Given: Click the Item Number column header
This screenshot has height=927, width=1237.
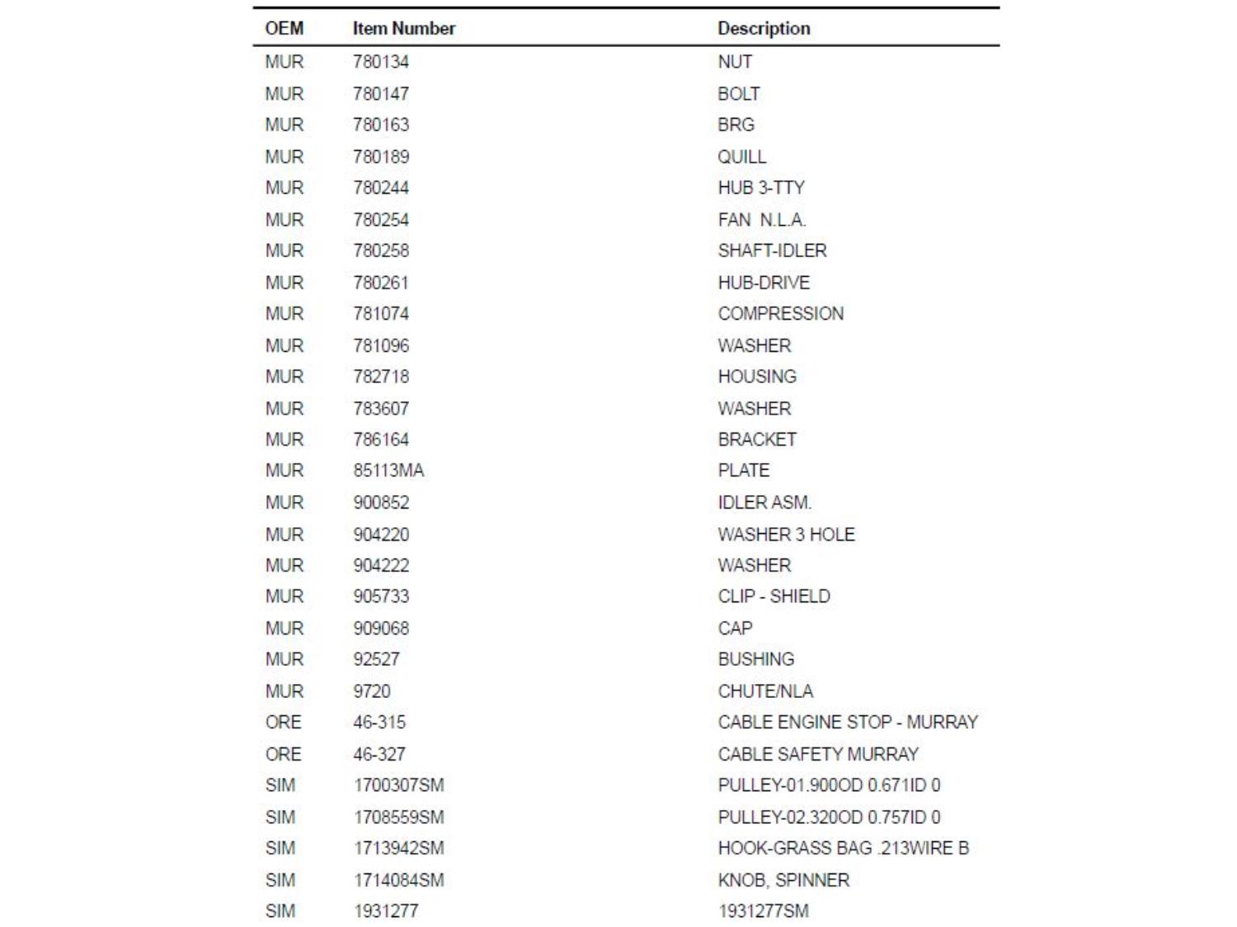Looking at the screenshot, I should coord(404,28).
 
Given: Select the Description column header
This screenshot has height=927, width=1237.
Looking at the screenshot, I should coord(764,28).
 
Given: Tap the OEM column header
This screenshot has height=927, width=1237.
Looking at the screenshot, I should coord(285,28).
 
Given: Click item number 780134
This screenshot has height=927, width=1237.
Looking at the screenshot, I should coord(381,62).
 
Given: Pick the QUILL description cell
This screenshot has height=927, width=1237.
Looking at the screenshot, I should coord(741,157).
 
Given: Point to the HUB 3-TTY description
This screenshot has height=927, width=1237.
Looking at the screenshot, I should coord(760,188).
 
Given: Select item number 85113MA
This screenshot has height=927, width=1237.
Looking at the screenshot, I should coord(388,471).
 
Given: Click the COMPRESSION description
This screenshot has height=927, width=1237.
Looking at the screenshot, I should coord(780,314).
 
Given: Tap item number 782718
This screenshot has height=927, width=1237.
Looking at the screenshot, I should coord(381,377).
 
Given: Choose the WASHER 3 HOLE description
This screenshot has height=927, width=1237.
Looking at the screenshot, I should coord(786,535).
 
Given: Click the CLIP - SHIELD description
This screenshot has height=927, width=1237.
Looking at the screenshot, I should coord(774,597).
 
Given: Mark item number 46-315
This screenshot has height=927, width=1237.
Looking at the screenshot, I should coord(379,723).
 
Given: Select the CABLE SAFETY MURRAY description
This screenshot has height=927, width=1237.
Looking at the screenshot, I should coord(817,754).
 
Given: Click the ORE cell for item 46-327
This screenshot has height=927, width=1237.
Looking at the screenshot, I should coord(284,754).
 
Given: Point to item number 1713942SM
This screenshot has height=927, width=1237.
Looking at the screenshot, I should coord(398,848).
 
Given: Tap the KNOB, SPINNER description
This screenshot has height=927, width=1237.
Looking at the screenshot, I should coord(783,880).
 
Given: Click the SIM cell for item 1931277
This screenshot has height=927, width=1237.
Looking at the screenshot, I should coord(280,911).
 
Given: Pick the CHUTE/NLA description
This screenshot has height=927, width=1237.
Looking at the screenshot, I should coord(765,691).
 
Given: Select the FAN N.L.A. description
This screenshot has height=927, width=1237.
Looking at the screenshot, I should coord(761,220).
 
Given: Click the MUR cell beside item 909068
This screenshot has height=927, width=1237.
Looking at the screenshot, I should coord(285,628).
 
